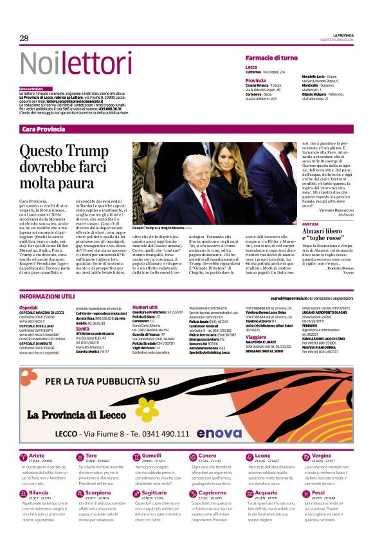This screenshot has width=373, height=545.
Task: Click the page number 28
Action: [x=24, y=38]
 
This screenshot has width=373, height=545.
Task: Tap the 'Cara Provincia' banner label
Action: [x=43, y=129]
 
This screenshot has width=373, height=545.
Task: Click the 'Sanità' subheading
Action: [x=82, y=327]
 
